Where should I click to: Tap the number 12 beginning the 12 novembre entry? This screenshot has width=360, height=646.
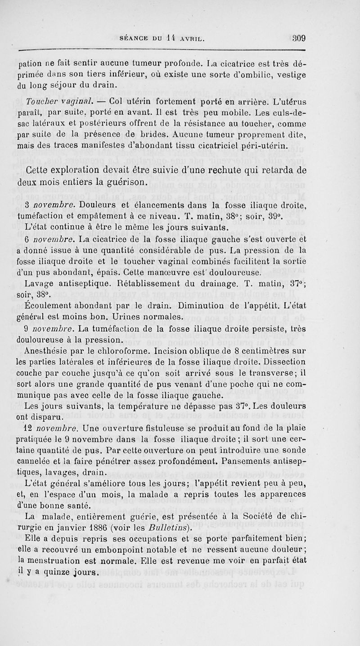(x=30, y=425)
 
